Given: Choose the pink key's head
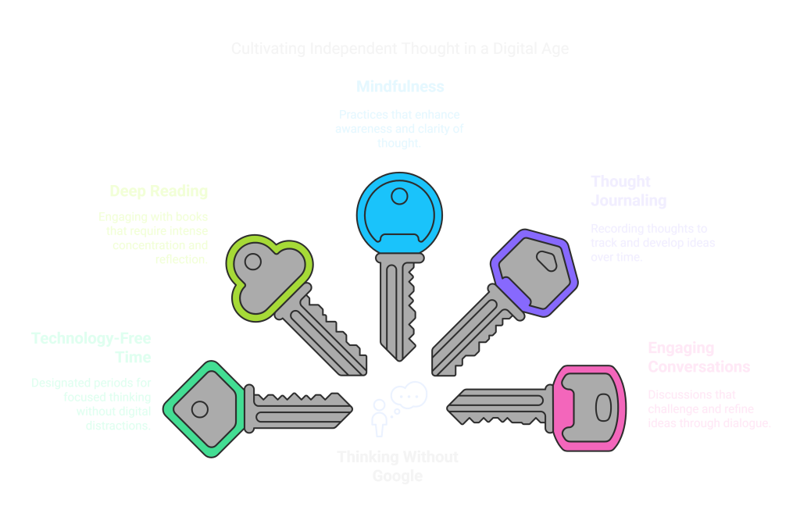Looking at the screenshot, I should pyautogui.click(x=591, y=407).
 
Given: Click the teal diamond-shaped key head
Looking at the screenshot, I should pyautogui.click(x=205, y=408).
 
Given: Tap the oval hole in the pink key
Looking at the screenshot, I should pyautogui.click(x=603, y=407).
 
